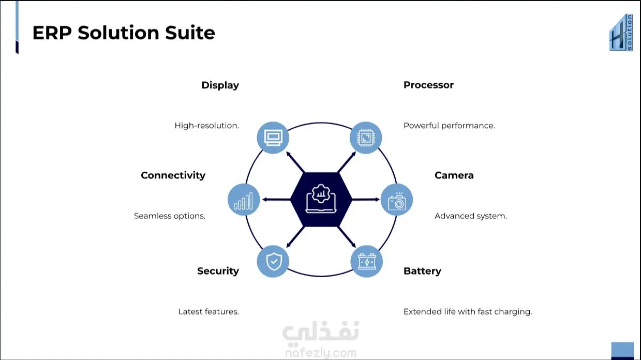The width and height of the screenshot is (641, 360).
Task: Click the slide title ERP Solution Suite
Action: click(124, 33)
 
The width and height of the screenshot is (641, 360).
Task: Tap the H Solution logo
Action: click(621, 33)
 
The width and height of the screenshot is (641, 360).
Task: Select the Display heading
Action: click(220, 85)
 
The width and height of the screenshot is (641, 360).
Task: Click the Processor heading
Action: click(428, 85)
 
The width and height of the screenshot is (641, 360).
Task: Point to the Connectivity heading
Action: click(173, 175)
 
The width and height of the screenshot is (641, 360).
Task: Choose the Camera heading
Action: click(454, 175)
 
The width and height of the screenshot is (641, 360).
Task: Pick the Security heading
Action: click(218, 271)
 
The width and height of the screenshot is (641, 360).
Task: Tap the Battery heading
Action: click(422, 271)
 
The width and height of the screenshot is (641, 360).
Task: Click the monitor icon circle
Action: click(273, 138)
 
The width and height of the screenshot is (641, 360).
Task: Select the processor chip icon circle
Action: click(366, 138)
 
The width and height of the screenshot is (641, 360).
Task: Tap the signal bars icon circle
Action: click(244, 200)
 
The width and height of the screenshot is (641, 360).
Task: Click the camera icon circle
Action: click(397, 200)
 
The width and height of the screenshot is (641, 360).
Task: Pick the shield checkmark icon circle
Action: click(273, 261)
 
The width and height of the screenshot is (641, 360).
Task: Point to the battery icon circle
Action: click(367, 261)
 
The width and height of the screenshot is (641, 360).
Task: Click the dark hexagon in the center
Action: click(321, 200)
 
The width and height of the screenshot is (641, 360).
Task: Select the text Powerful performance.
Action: click(449, 126)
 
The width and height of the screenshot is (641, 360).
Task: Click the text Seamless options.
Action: click(170, 216)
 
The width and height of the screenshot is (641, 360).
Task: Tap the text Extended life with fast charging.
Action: click(468, 312)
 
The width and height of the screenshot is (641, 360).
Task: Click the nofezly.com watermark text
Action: click(321, 353)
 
